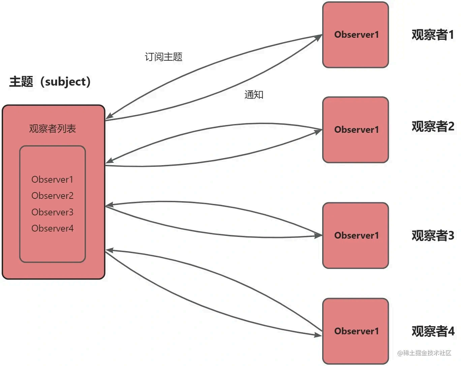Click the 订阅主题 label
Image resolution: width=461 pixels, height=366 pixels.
point(163,57)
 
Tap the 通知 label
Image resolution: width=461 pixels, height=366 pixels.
point(254,95)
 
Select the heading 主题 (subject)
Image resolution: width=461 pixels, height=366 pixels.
point(50,82)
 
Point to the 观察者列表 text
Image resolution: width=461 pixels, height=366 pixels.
point(52,128)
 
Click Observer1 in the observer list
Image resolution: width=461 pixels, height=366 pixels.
point(52,179)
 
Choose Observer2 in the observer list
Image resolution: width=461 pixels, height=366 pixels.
point(52,196)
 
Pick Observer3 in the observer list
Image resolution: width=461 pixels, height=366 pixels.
point(52,212)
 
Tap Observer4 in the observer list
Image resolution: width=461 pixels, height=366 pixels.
point(52,228)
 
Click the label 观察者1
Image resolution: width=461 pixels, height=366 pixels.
point(433,35)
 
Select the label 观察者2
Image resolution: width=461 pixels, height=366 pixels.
point(433,126)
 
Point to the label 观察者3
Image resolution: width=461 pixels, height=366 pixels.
point(433,236)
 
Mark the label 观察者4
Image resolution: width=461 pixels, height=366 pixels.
point(433,331)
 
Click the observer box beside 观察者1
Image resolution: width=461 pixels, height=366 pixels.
point(356,35)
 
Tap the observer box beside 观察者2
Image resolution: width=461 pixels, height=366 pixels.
point(356,130)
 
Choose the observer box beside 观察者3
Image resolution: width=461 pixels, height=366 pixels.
point(356,235)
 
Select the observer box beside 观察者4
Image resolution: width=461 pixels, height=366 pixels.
point(356,331)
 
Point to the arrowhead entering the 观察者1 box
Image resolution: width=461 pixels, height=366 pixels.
point(318,36)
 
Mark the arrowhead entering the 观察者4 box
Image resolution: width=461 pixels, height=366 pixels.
point(318,335)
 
